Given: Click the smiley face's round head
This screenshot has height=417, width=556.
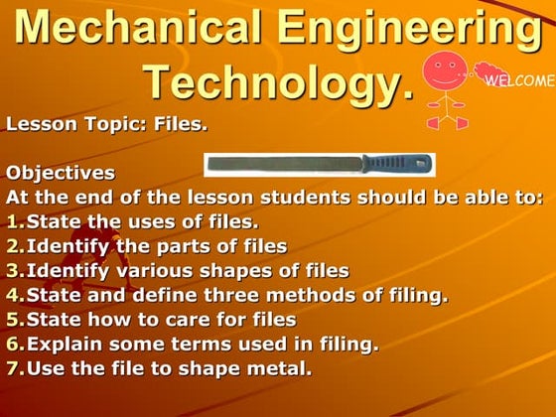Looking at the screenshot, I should (x=446, y=72).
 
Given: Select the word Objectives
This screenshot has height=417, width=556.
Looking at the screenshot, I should (x=61, y=173).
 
